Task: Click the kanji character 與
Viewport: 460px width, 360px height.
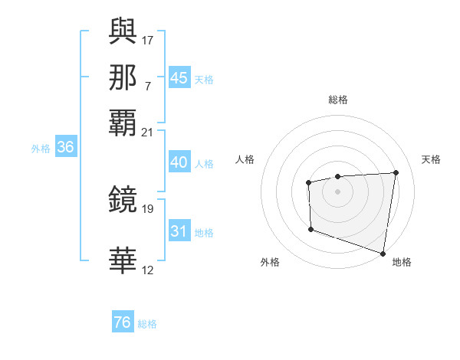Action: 123,31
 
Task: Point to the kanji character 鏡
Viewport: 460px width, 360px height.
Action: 123,201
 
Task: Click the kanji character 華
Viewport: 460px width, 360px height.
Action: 123,261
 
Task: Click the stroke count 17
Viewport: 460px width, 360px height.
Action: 148,39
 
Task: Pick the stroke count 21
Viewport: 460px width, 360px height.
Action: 148,133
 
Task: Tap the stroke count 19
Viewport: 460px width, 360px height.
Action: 148,208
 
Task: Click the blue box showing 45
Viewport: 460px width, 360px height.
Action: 179,78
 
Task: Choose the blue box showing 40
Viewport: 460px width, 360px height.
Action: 179,162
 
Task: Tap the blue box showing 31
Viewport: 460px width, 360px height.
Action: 179,231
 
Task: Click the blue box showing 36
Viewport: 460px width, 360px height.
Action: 65,148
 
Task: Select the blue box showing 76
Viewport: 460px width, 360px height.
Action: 122,322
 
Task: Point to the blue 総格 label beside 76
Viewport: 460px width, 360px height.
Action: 147,324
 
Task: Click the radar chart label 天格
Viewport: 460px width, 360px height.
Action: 431,159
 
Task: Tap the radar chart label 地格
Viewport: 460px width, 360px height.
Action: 402,262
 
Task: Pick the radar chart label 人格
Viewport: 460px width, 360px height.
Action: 245,159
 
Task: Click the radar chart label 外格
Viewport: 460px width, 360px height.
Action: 270,262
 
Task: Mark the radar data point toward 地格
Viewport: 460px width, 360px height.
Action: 383,252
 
